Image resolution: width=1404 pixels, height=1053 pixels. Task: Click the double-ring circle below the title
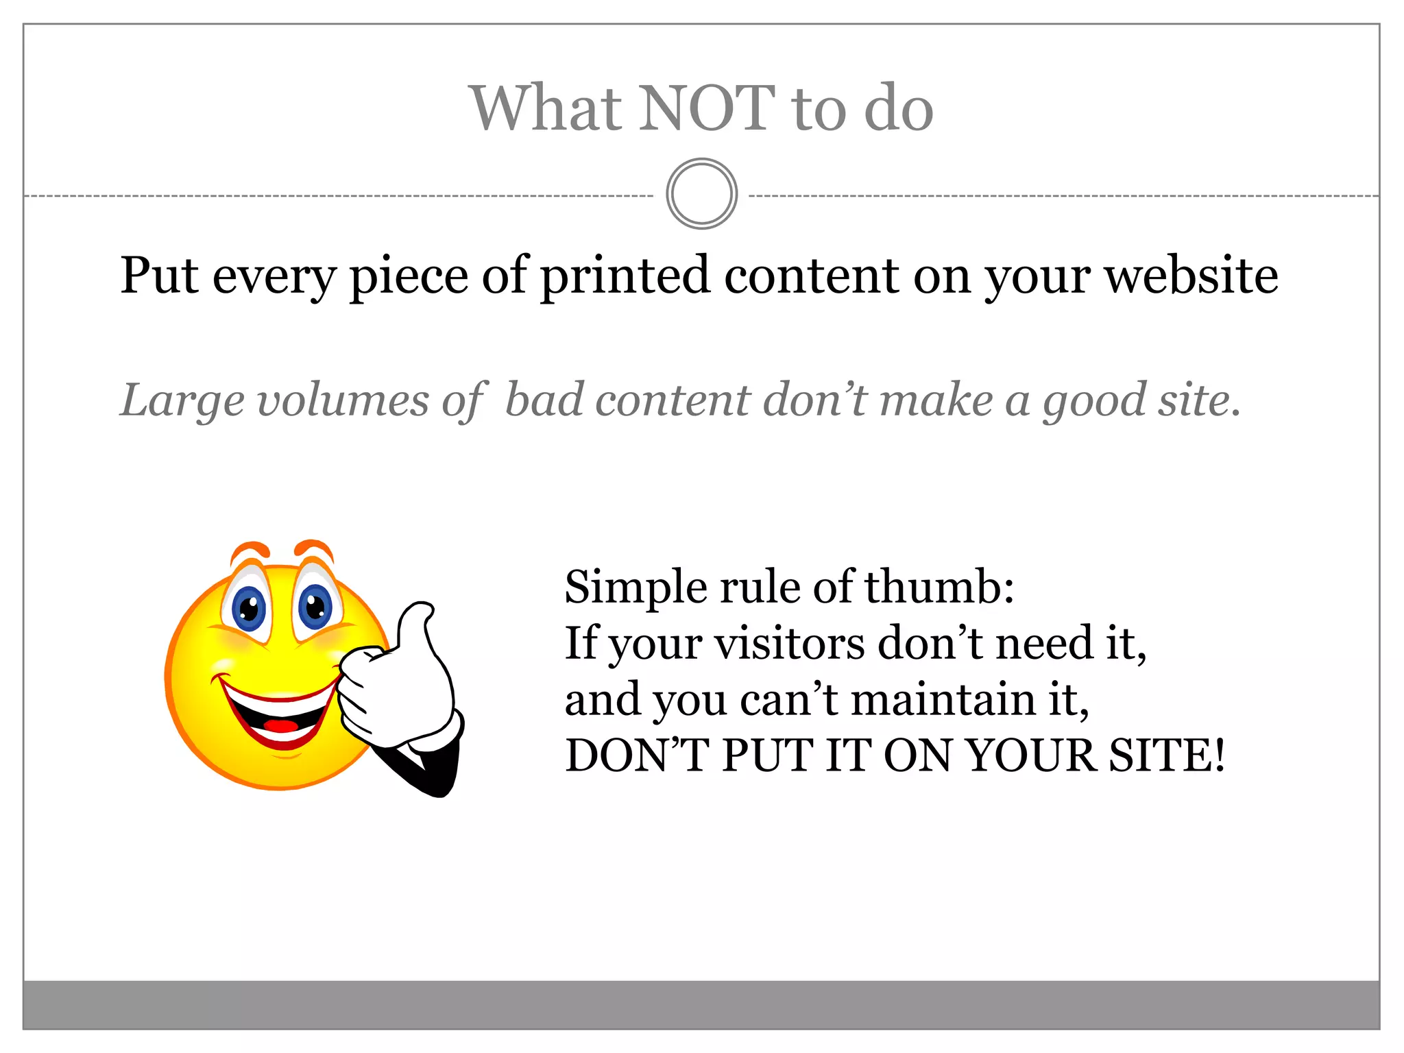point(701,194)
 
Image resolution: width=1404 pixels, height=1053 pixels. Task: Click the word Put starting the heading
point(159,276)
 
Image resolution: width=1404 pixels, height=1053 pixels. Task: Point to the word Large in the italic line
point(182,401)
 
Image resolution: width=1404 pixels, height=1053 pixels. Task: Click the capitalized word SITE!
point(1166,756)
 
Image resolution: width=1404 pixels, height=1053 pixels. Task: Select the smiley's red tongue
point(280,725)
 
